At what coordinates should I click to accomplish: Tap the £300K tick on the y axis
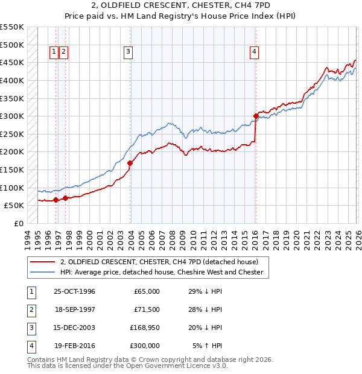(x=12, y=116)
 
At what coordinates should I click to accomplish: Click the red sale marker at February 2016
(x=256, y=116)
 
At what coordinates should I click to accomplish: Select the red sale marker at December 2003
(x=130, y=162)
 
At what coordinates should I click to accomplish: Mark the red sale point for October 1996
(x=56, y=200)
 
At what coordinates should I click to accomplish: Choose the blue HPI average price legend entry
(x=162, y=272)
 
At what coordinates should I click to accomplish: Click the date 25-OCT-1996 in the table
(x=74, y=291)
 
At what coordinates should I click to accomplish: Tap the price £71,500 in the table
(x=147, y=309)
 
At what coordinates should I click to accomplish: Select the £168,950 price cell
(x=145, y=328)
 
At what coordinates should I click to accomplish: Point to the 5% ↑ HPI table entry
(x=207, y=346)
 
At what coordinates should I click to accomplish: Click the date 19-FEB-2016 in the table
(x=74, y=346)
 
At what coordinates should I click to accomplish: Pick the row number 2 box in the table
(x=30, y=309)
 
